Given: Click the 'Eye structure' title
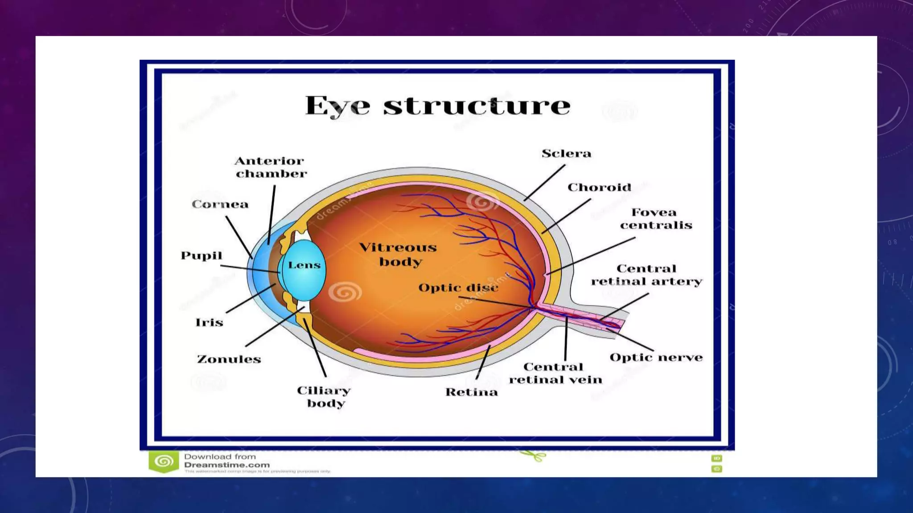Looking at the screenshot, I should (437, 106).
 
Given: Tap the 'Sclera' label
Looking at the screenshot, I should (566, 154).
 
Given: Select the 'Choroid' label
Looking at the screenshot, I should (599, 187).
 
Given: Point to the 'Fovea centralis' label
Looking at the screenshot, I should (655, 219).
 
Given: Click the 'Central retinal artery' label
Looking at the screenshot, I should (646, 275).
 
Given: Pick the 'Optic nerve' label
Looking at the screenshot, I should (656, 358).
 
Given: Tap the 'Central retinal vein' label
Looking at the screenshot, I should (555, 373).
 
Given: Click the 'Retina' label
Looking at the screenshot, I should (471, 392).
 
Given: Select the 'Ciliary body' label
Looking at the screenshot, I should (324, 397).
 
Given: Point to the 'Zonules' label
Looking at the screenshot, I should (229, 359).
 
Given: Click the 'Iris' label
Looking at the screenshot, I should (209, 322).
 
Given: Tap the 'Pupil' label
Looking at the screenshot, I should (201, 256).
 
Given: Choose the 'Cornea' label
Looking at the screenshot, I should (220, 204).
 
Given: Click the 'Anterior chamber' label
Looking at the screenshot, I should (270, 167).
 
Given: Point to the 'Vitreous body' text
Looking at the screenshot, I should (398, 254).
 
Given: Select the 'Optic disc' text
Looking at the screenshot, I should (458, 288).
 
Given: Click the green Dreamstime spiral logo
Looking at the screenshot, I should (164, 461).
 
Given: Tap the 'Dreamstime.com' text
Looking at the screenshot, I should (226, 465).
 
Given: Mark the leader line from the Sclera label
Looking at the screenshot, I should (544, 183).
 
